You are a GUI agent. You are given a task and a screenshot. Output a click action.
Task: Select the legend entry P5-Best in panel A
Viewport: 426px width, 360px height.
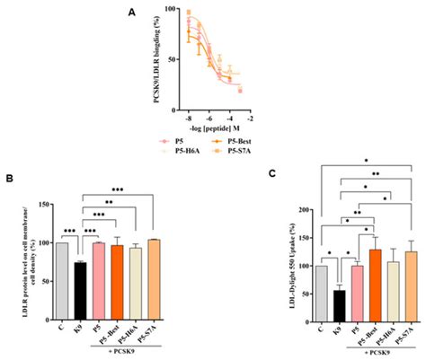point(227,141)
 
